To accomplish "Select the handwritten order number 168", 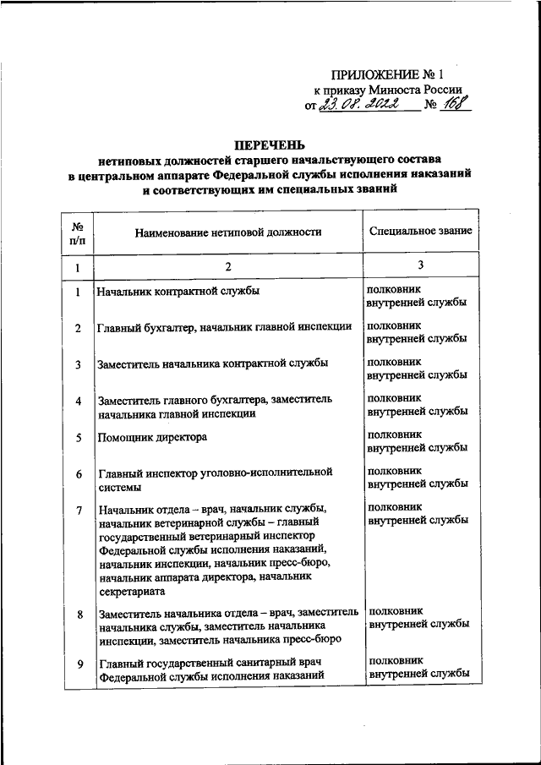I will (x=457, y=106).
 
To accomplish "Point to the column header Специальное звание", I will (x=420, y=231).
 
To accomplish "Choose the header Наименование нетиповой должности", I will (x=227, y=231).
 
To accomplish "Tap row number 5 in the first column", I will (x=77, y=438).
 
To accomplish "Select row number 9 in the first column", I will (x=77, y=664).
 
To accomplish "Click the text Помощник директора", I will (x=153, y=437).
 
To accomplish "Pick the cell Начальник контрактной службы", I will (x=178, y=292).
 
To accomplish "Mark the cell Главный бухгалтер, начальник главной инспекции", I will (x=225, y=328).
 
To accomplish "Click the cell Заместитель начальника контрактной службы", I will (x=213, y=364).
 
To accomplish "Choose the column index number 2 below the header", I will (x=227, y=267).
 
